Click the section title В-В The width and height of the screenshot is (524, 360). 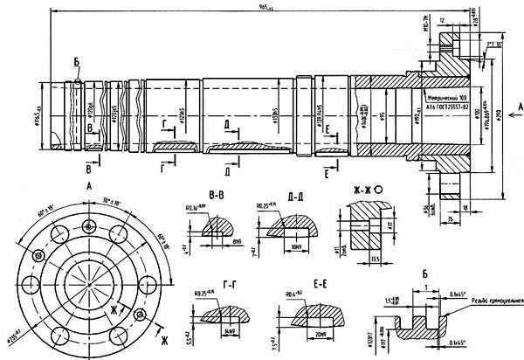coord(211,190)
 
